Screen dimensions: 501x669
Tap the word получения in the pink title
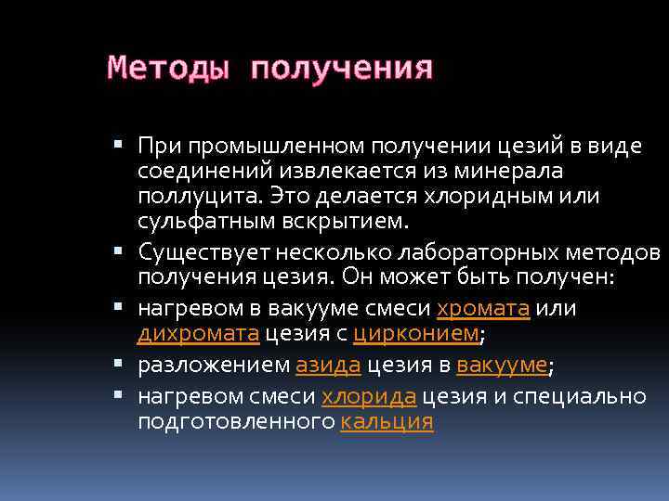341,68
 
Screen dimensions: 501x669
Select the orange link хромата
483,309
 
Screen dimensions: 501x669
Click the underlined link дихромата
197,336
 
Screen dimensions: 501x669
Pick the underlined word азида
328,366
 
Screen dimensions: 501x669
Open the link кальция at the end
387,423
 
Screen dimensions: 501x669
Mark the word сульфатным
195,223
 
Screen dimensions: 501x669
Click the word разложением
213,366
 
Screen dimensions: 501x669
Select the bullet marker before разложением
127,366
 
